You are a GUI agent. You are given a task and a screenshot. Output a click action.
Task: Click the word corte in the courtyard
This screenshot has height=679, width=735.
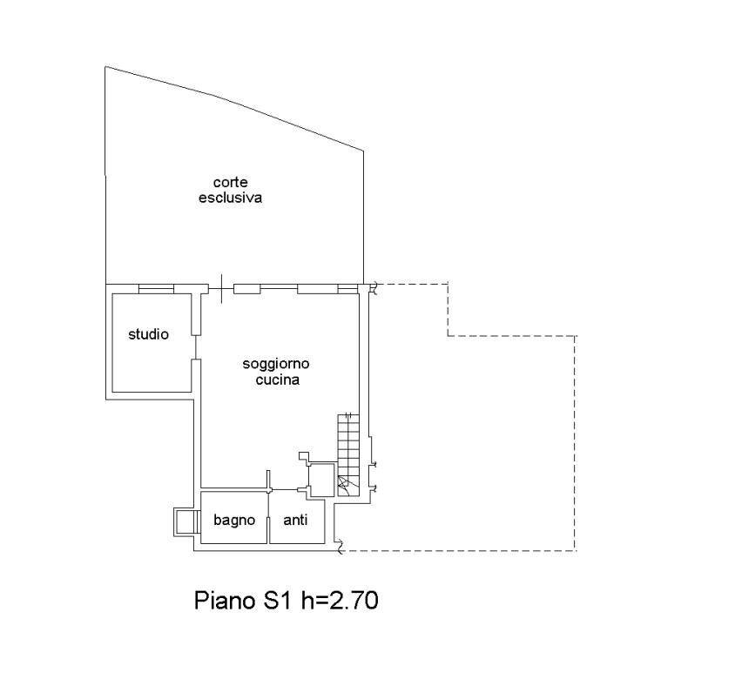[230, 182]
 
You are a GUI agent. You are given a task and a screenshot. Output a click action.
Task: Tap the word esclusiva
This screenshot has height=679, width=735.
[230, 198]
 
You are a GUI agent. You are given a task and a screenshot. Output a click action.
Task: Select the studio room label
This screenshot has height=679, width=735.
[148, 334]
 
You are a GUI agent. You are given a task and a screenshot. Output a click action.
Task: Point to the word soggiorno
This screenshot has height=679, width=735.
[276, 364]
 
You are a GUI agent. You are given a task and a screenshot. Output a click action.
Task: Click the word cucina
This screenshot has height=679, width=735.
[278, 379]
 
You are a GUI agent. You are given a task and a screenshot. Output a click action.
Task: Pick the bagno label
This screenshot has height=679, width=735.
[234, 520]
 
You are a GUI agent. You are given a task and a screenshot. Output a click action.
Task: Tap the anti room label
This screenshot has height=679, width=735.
[295, 519]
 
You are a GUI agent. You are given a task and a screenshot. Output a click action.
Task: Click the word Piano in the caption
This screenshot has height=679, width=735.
[225, 601]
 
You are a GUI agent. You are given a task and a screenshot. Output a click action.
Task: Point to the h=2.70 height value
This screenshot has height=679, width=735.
[340, 601]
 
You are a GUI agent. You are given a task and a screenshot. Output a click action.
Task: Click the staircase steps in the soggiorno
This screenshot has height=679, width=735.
[348, 454]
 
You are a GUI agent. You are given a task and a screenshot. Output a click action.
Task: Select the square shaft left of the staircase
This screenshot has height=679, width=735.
[321, 480]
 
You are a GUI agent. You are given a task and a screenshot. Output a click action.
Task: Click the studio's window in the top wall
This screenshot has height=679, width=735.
[156, 289]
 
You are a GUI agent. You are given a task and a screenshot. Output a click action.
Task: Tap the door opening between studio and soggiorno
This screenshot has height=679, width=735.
[196, 347]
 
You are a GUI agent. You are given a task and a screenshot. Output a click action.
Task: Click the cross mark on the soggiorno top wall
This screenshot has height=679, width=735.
[221, 288]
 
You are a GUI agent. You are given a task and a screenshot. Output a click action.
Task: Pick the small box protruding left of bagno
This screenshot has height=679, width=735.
[184, 522]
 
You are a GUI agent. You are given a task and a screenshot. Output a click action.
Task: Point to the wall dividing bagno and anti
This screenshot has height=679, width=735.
[268, 517]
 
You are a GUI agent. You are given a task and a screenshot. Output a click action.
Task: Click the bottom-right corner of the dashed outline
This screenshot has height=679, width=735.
[576, 551]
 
